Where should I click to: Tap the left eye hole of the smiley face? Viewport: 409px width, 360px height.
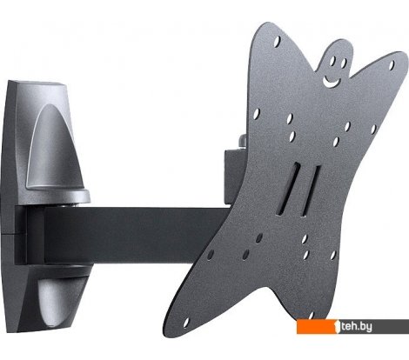pos(332,60)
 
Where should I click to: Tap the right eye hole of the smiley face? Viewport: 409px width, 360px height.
pos(344,63)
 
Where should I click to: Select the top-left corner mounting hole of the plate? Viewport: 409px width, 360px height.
pos(277,41)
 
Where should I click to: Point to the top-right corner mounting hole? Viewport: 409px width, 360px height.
pos(392,65)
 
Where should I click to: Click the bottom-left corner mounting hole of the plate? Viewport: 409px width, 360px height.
pos(186,323)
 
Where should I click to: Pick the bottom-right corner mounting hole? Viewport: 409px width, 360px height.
pos(311,316)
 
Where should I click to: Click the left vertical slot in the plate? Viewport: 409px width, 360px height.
pos(289,189)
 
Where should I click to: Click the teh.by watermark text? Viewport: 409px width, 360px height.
pos(357,327)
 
